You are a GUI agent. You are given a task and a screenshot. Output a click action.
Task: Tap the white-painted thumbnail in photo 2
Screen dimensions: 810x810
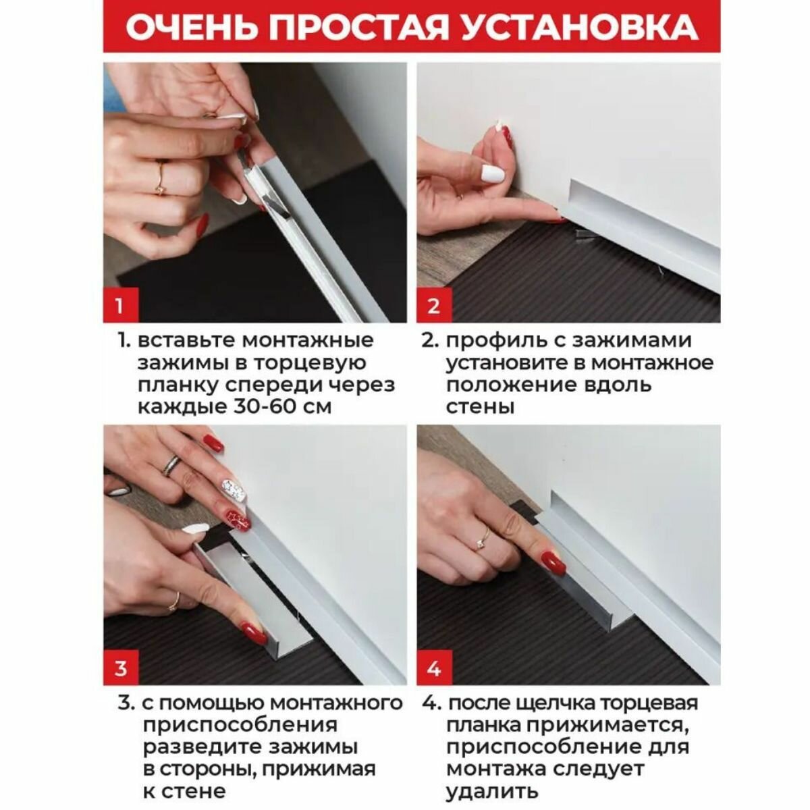coord(492,173)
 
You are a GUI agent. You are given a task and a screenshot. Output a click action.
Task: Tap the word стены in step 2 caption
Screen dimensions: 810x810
coord(480,408)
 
